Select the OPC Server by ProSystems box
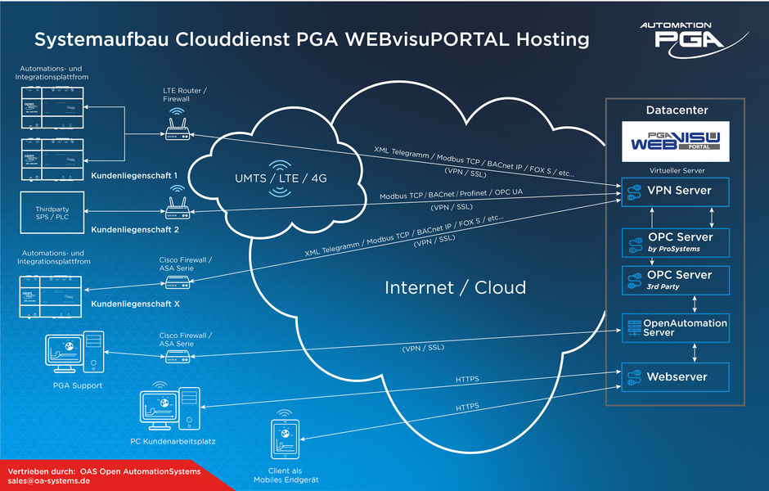pos(676,243)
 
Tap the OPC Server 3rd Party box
pos(676,280)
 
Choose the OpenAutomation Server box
pos(676,327)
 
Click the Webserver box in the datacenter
pos(676,376)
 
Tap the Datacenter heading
pos(677,110)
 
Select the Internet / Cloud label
pos(456,287)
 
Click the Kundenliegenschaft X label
pos(136,304)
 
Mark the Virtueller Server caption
pos(676,170)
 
